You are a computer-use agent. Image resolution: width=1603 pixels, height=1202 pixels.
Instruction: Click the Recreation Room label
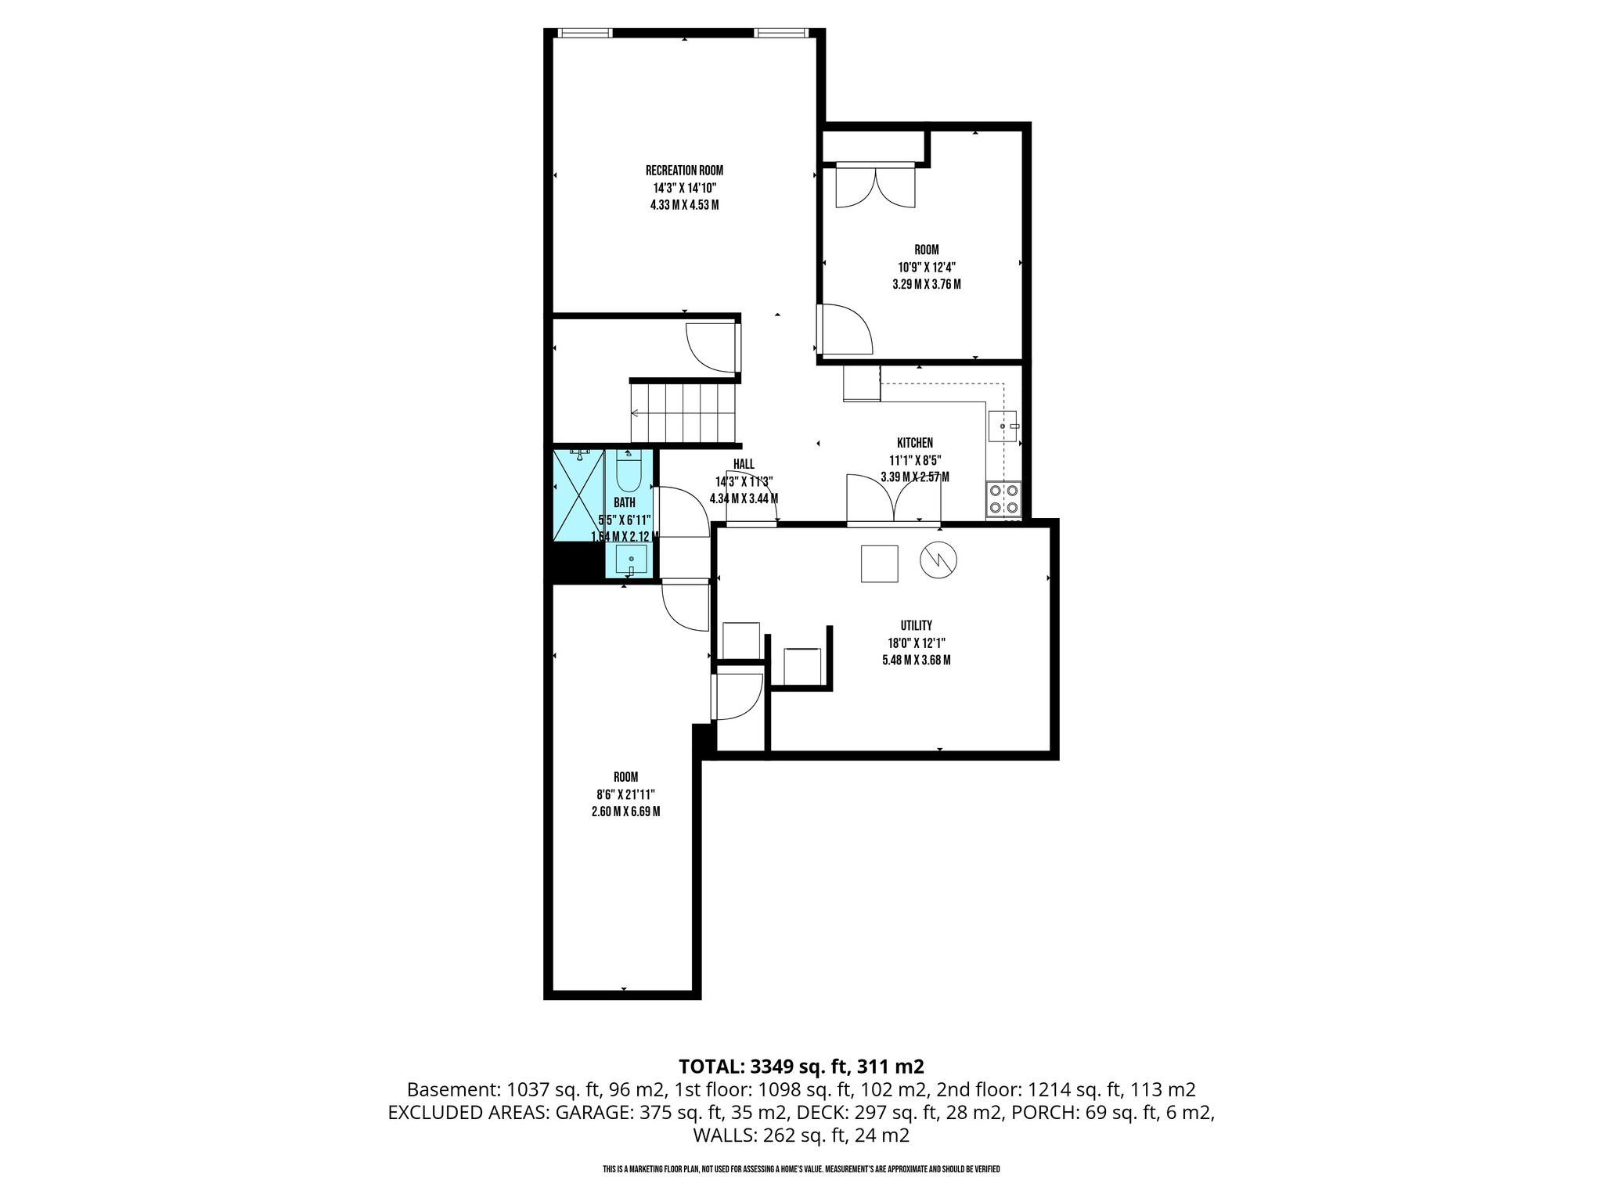(684, 171)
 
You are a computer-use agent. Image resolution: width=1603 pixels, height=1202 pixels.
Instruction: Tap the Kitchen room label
(914, 443)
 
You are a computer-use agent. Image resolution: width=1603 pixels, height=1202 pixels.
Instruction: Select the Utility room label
(916, 625)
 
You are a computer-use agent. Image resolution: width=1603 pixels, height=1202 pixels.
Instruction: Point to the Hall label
(744, 464)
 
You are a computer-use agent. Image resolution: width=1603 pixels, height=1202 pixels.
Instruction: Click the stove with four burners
(1003, 499)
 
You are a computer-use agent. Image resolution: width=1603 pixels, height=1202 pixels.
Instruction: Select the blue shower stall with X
(579, 496)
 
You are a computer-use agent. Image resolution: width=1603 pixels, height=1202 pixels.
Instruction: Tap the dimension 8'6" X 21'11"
(625, 794)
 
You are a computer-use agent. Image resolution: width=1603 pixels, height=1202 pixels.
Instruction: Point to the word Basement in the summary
(454, 1089)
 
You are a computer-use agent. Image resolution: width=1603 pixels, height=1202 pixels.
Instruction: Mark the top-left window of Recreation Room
(585, 33)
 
